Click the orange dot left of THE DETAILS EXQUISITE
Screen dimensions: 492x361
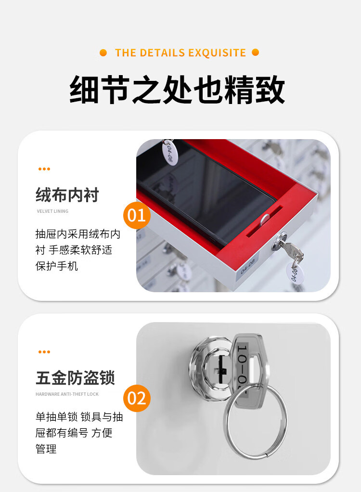tap(103, 53)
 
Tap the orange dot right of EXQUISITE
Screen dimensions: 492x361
tap(255, 52)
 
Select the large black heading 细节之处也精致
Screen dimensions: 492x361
tap(178, 89)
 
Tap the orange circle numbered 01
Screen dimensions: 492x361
tap(137, 215)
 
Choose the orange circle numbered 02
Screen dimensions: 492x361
tap(137, 398)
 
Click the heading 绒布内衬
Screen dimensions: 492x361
tap(67, 195)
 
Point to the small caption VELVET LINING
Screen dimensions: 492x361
tap(52, 211)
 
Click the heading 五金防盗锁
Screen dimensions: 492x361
tap(75, 378)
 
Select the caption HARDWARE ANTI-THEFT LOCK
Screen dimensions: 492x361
tap(67, 394)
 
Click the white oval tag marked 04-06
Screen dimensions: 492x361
tap(169, 152)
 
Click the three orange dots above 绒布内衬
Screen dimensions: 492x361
tap(44, 169)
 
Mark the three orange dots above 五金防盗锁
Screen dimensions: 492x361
tap(44, 352)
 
